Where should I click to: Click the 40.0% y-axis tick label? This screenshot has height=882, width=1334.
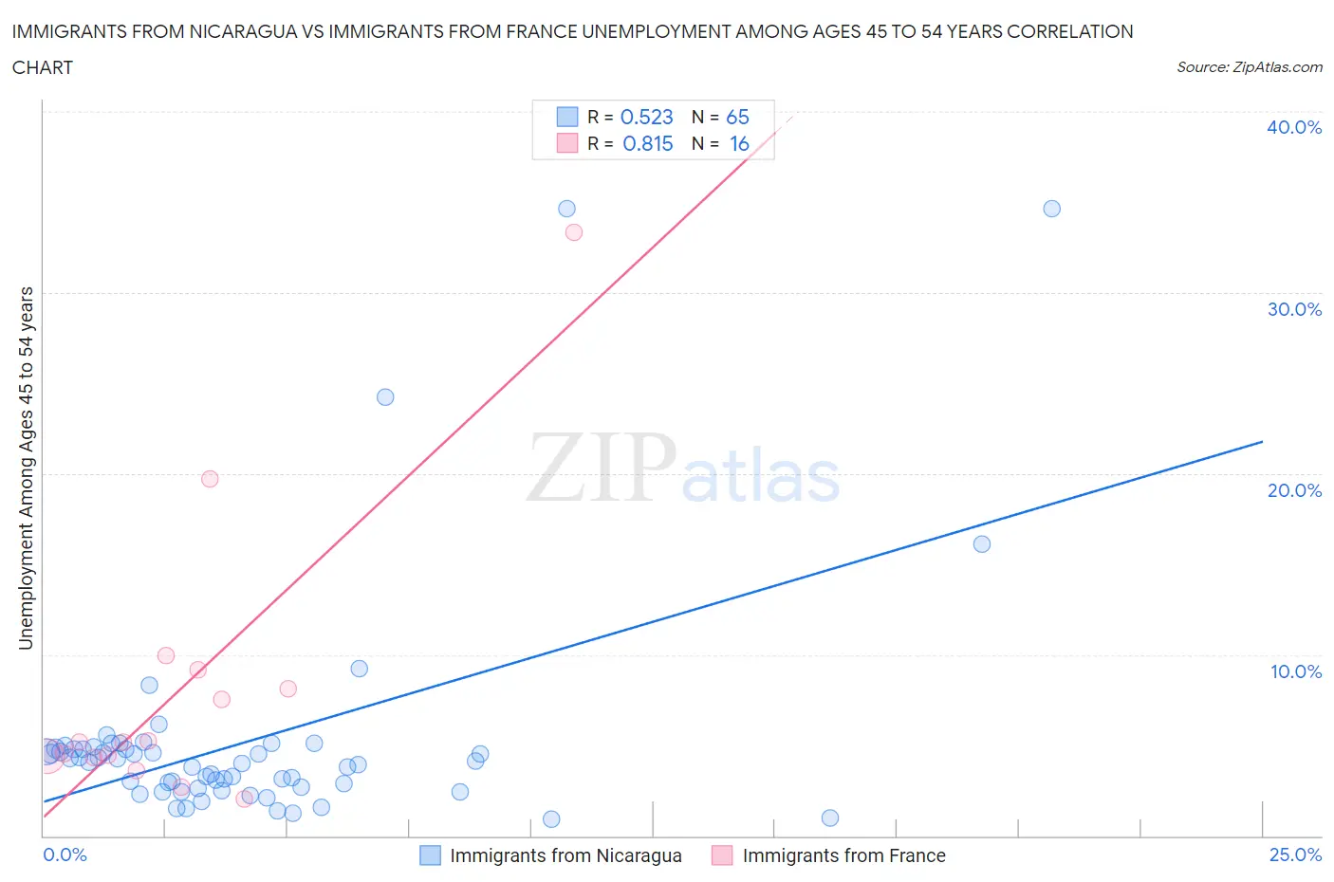point(1294,127)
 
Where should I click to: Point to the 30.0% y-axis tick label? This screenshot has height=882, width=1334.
point(1294,309)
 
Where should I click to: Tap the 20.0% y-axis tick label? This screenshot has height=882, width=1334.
point(1294,490)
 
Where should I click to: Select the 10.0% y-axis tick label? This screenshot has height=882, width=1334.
point(1296,671)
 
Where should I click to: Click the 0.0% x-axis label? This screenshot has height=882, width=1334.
point(65,854)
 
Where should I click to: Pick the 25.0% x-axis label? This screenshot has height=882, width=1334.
point(1295,854)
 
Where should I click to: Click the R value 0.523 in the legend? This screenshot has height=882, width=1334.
point(646,117)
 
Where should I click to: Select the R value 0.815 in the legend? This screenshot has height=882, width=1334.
point(647,143)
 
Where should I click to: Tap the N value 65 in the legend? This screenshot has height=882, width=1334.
point(737,117)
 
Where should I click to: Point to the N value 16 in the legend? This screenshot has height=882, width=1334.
point(739,143)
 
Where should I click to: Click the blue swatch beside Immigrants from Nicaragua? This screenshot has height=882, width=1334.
point(430,855)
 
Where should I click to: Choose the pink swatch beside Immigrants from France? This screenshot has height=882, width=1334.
point(722,855)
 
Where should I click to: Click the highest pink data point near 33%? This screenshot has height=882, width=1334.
point(573,232)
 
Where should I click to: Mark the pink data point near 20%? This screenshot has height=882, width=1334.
point(210,479)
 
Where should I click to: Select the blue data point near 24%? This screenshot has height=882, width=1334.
point(385,397)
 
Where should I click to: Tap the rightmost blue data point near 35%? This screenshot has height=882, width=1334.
point(1051,209)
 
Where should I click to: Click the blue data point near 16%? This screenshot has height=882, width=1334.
point(982,544)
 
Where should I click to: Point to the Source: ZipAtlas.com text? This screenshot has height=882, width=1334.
point(1249,67)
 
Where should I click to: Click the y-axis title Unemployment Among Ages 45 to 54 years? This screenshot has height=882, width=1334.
point(27,468)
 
